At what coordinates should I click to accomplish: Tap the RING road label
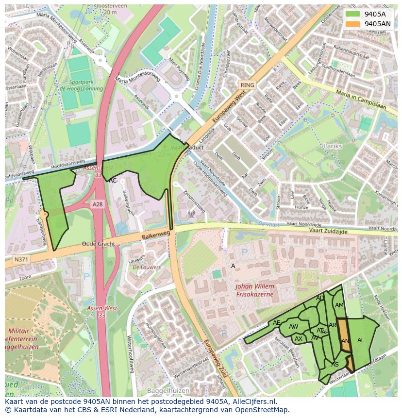(x=247, y=85)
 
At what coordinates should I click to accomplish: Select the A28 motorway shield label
(x=98, y=205)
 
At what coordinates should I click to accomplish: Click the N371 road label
(x=21, y=260)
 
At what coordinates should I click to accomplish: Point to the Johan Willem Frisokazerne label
(x=254, y=290)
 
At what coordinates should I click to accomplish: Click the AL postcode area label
(x=361, y=340)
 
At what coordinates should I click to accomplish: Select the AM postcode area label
(x=339, y=305)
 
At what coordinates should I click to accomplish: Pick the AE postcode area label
(x=277, y=323)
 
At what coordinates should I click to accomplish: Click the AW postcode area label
(x=293, y=327)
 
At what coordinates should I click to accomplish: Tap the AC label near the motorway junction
(x=113, y=181)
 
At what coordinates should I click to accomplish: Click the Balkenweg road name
(x=156, y=234)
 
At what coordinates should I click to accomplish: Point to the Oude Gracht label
(x=98, y=244)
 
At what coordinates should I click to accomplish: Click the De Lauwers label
(x=147, y=267)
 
